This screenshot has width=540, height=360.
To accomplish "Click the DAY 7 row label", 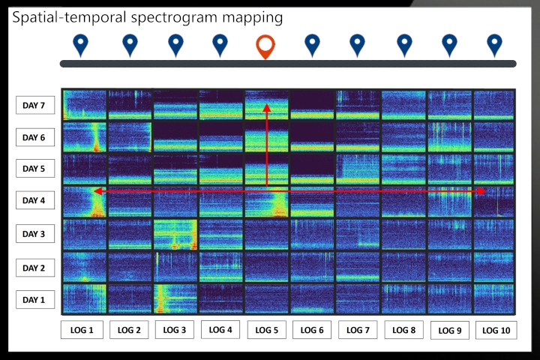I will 34,106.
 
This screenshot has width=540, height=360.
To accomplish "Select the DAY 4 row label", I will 34,200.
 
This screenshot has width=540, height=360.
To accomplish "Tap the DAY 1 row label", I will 34,300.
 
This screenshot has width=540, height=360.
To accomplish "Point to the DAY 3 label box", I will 34,234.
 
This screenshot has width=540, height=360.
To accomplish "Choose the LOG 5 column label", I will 266,330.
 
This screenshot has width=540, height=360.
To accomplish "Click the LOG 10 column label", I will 496,330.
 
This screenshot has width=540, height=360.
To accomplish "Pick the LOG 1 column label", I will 82,330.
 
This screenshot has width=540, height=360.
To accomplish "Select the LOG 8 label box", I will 403,330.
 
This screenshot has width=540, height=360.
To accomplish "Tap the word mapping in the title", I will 256,16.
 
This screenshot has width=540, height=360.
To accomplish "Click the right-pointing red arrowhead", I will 482,191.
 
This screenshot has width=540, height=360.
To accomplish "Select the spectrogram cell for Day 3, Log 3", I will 175,234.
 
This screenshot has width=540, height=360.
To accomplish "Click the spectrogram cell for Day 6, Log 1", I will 83,137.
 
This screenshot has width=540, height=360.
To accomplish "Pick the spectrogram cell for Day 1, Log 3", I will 175,298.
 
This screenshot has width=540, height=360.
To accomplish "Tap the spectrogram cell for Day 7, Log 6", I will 312,105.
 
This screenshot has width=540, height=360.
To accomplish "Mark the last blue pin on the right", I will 494,45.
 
